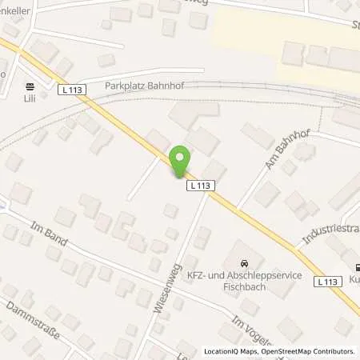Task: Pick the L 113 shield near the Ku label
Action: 326,282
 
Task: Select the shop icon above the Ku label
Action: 355,268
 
